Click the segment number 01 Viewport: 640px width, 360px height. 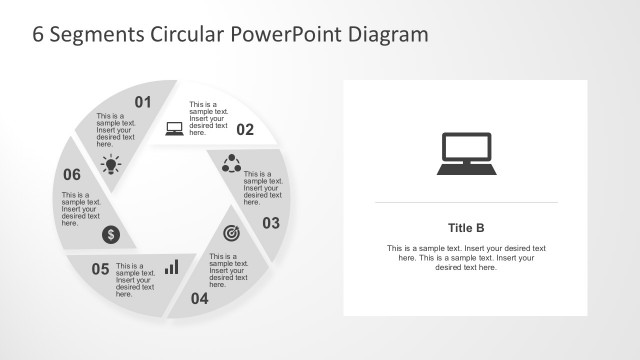[x=143, y=101]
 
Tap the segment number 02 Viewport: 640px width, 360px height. [x=245, y=129]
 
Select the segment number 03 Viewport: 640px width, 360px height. [x=271, y=223]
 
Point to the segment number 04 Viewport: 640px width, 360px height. [x=199, y=297]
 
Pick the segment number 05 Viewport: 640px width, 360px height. [x=100, y=268]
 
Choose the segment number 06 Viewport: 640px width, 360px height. [x=71, y=174]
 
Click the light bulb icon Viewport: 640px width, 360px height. [x=112, y=164]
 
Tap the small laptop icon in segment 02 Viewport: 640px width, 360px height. [x=174, y=128]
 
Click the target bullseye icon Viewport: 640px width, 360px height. [x=230, y=233]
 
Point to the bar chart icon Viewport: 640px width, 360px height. [x=172, y=267]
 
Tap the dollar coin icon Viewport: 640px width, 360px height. [x=112, y=235]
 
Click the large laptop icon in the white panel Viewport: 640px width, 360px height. [x=465, y=153]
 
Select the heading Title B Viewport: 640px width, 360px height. [x=466, y=226]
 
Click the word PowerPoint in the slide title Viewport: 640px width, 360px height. [x=288, y=33]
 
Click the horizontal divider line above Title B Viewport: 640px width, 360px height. [x=466, y=203]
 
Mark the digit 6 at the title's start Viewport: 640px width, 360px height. [x=39, y=33]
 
